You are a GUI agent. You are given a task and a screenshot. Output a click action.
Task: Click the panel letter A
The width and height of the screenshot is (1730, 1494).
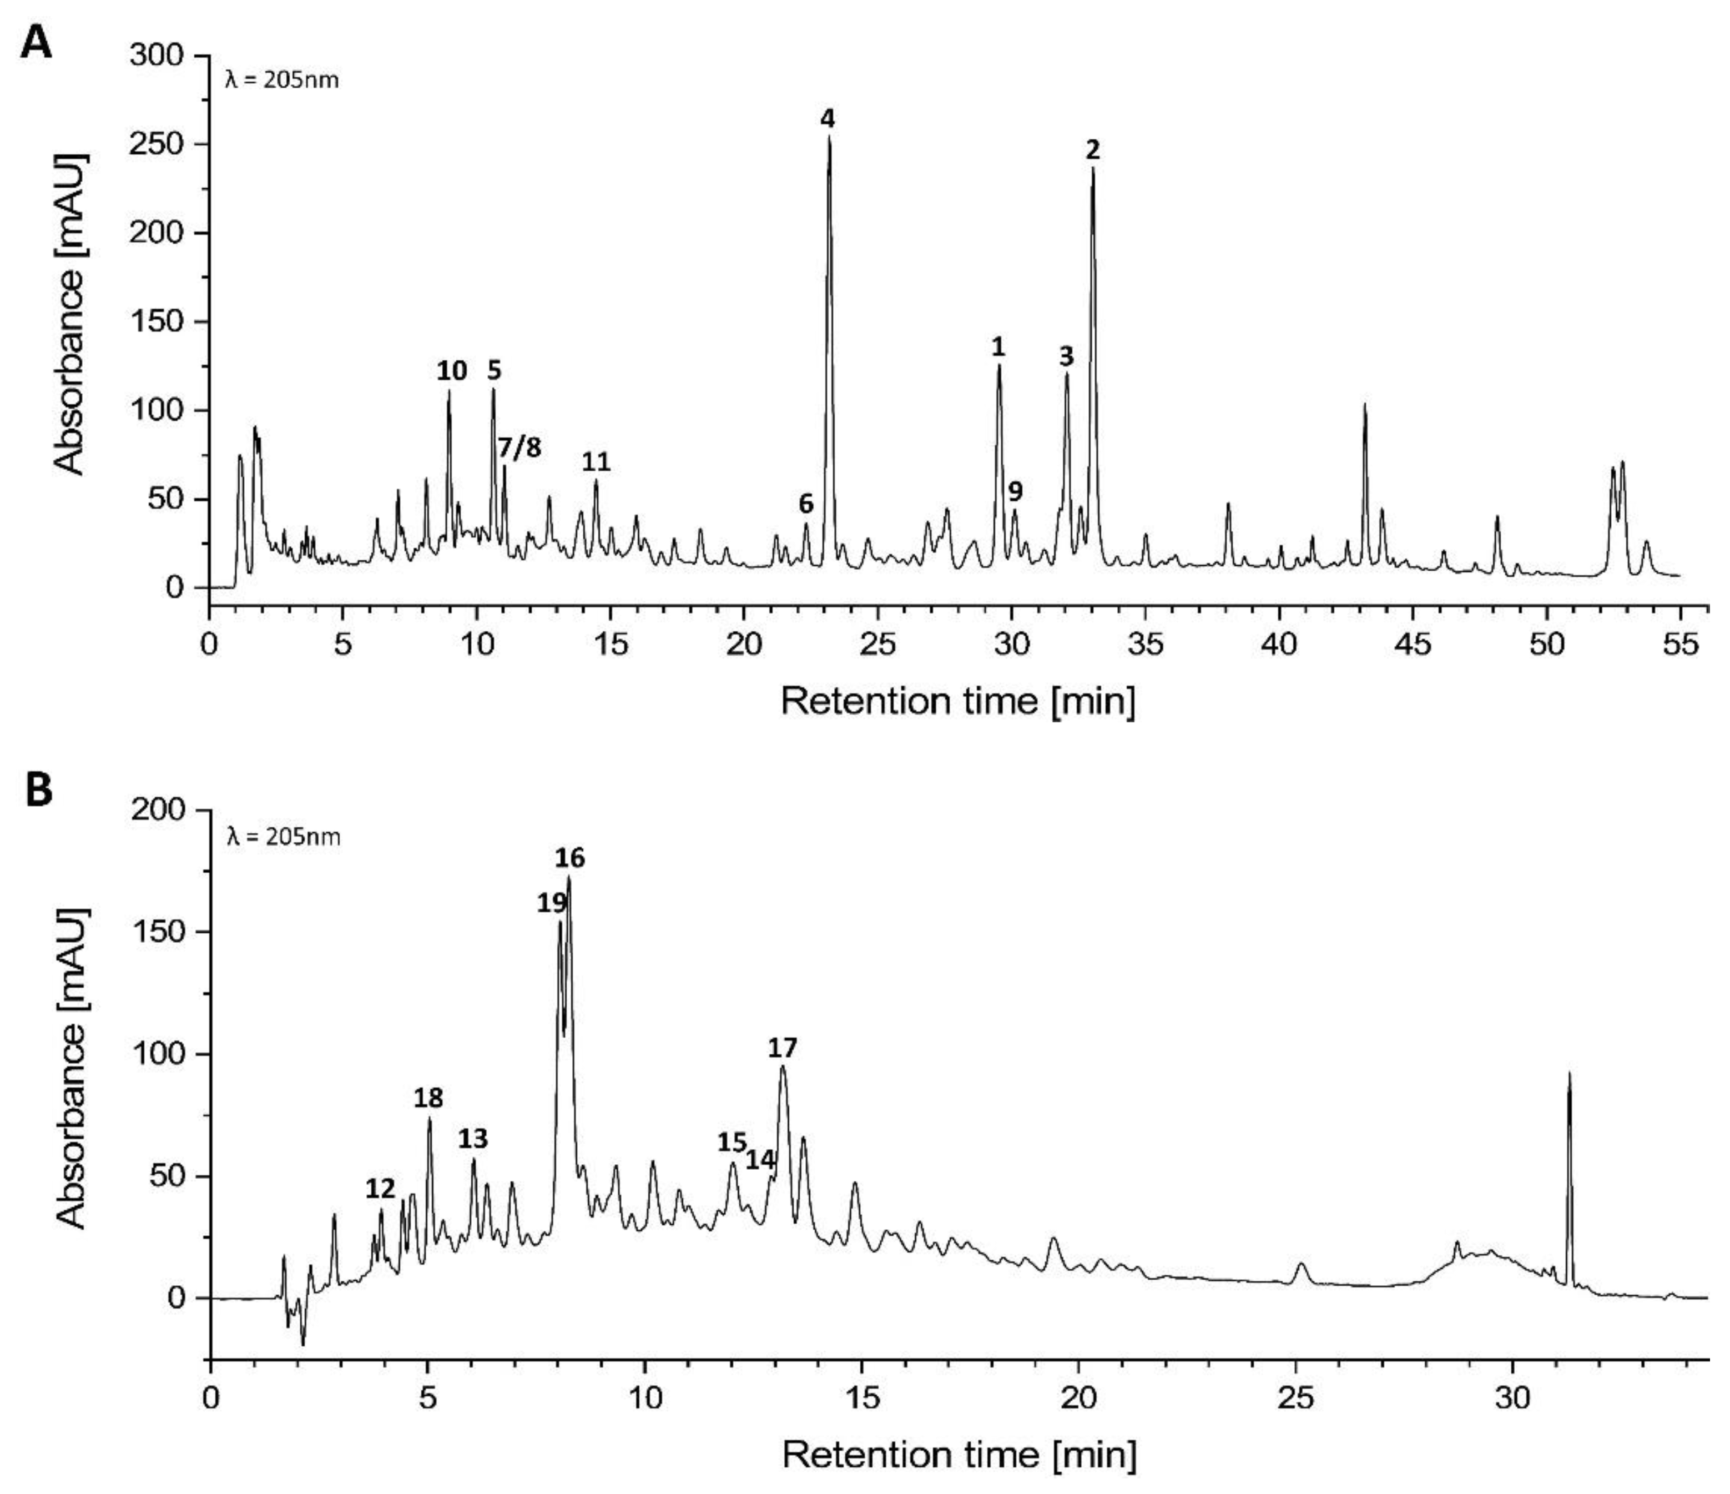tap(35, 42)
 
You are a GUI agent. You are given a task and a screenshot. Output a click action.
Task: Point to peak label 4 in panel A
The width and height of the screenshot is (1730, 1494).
tap(826, 119)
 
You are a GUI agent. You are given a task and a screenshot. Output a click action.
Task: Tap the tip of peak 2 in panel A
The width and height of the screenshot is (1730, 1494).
tap(1092, 169)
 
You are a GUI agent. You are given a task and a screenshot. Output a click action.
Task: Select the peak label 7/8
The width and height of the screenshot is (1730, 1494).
tap(519, 449)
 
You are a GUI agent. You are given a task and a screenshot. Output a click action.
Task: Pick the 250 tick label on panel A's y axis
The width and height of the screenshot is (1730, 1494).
tap(158, 144)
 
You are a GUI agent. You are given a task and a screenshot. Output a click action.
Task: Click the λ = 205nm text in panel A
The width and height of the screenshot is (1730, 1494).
tap(282, 81)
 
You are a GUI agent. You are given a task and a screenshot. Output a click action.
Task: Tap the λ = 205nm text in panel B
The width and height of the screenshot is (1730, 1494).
tap(283, 837)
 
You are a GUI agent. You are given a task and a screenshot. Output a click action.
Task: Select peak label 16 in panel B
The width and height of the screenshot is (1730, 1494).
tap(570, 858)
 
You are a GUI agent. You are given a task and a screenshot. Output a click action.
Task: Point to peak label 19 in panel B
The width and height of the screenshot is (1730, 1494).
tap(552, 902)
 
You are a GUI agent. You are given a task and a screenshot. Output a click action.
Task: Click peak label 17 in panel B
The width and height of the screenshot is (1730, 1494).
tap(783, 1047)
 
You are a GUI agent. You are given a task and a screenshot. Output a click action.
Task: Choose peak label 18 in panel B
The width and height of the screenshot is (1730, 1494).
tap(428, 1098)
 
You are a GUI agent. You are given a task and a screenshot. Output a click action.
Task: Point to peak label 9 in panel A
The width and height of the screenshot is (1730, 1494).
tap(1015, 491)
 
